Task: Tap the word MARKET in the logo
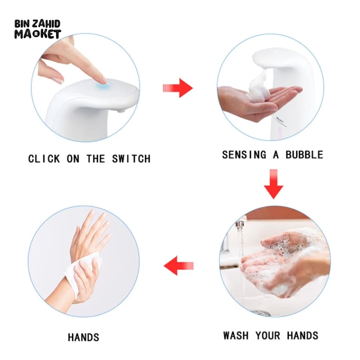pos(38,34)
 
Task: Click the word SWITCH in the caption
pos(131,159)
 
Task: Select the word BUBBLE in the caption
pos(305,155)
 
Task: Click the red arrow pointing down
pos(274,184)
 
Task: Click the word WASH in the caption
pos(236,336)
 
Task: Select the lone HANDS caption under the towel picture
pos(83,337)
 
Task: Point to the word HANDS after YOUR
pos(303,336)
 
